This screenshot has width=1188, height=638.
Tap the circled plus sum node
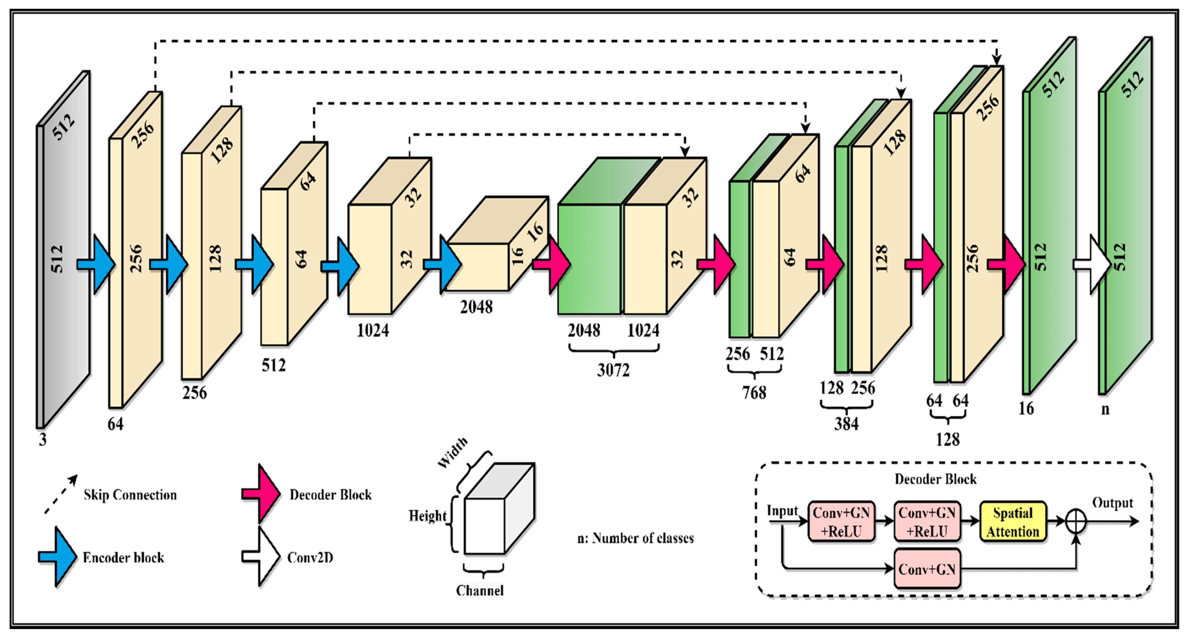1076,522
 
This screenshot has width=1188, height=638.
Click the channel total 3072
613,370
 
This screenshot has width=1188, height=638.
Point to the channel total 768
754,393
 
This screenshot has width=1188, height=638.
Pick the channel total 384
846,423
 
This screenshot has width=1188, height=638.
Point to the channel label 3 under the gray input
42,440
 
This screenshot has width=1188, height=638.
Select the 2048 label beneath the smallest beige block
476,307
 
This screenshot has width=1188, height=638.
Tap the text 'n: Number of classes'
635,538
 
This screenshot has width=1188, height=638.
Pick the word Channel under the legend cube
479,591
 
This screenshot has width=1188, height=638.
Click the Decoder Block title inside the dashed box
935,479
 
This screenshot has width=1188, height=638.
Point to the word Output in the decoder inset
1112,503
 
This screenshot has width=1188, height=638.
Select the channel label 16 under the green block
1026,409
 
